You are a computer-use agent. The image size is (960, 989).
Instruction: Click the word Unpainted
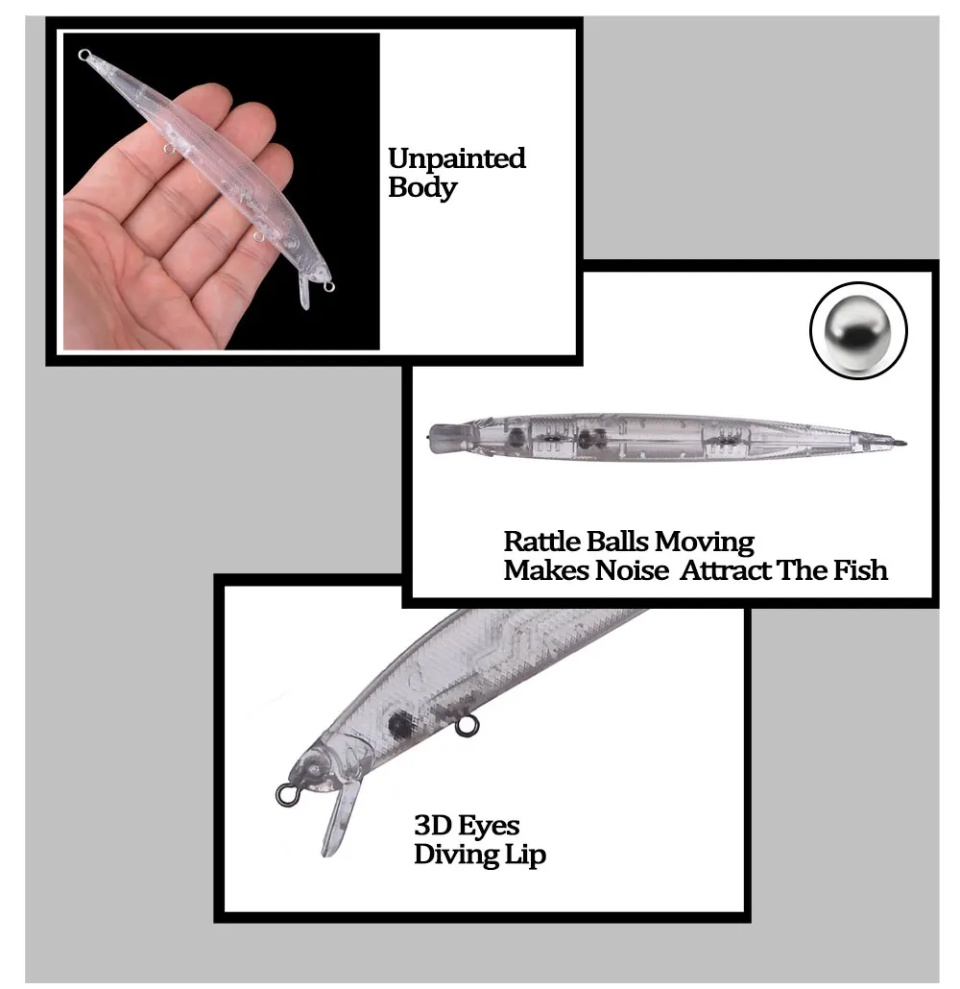pyautogui.click(x=457, y=159)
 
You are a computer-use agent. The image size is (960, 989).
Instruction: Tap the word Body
pyautogui.click(x=422, y=187)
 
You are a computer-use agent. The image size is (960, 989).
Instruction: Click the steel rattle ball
pyautogui.click(x=858, y=330)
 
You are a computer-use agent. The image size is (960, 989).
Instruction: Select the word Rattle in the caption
pyautogui.click(x=543, y=542)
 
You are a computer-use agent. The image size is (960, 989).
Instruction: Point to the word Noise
pyautogui.click(x=632, y=570)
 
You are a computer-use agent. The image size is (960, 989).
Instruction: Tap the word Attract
pyautogui.click(x=726, y=570)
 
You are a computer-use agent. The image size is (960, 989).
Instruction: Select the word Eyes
pyautogui.click(x=489, y=827)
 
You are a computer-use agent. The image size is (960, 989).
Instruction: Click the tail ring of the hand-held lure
pyautogui.click(x=84, y=55)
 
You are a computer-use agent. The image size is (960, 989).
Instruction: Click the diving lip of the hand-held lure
pyautogui.click(x=304, y=291)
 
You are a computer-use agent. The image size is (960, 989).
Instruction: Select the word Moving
pyautogui.click(x=704, y=543)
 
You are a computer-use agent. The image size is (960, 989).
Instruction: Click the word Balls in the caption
pyautogui.click(x=618, y=542)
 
